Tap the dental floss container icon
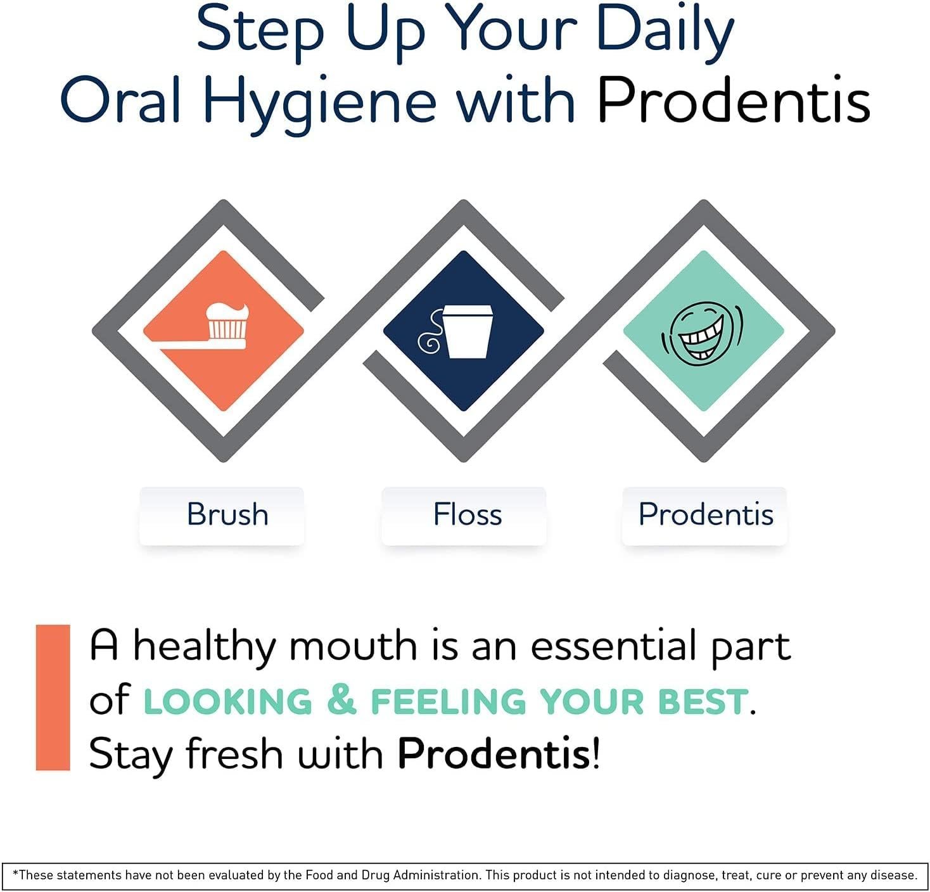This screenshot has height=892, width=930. coord(455,332)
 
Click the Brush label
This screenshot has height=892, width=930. coord(227,514)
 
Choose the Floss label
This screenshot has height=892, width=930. coord(468,514)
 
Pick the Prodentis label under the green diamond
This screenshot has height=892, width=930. coord(706,514)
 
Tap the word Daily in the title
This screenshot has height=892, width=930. coord(665,34)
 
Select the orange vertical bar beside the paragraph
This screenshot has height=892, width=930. coord(53,698)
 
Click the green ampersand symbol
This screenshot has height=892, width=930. coord(341,700)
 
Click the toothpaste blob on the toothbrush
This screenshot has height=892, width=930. coord(227,312)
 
